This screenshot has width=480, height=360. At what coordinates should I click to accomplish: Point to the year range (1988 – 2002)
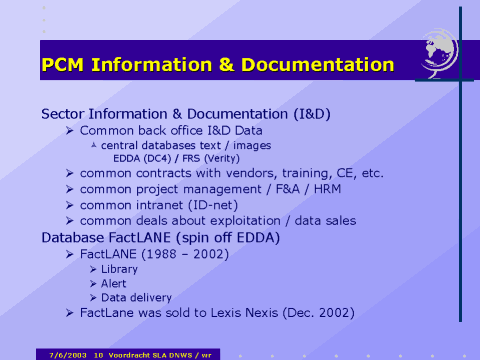click(x=187, y=255)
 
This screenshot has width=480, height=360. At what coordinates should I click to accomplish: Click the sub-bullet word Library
click(x=121, y=270)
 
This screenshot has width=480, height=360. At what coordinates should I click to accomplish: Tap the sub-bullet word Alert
click(x=115, y=284)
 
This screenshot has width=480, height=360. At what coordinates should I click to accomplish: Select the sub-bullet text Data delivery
click(x=137, y=297)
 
